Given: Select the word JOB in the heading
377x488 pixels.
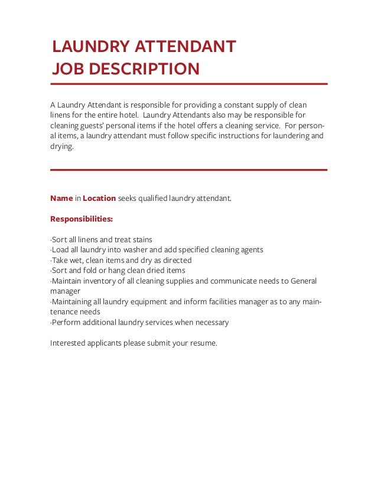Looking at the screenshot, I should [x=67, y=69].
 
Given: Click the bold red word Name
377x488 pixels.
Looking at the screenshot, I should [x=61, y=198].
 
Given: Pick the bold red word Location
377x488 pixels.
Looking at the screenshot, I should [x=99, y=198].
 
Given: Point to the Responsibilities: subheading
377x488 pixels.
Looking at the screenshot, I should [x=82, y=219].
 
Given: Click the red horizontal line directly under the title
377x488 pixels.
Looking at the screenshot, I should [x=188, y=84].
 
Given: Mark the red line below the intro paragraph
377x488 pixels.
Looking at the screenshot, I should [x=188, y=170].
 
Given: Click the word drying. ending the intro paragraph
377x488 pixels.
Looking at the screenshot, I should [x=62, y=147].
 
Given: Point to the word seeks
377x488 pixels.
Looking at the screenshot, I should [x=127, y=198].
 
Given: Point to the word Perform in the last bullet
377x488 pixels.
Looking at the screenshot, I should [x=66, y=323].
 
